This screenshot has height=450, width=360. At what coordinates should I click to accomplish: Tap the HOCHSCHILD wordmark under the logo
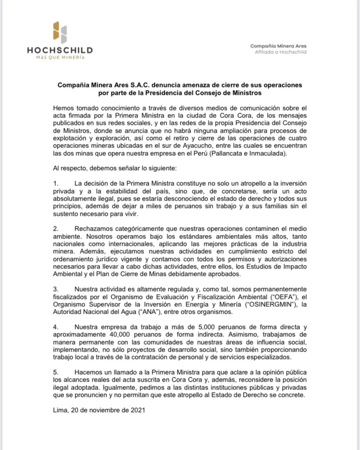coord(60,50)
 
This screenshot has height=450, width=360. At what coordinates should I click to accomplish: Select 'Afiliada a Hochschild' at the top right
coord(280,52)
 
